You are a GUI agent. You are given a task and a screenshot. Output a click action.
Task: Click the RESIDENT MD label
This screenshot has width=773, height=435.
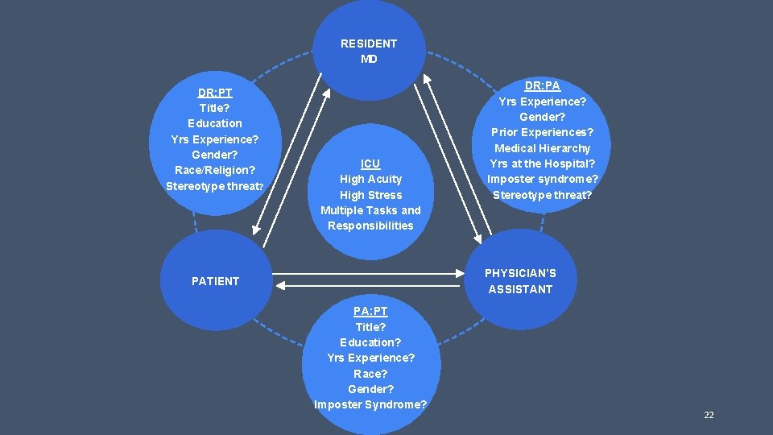[369, 51]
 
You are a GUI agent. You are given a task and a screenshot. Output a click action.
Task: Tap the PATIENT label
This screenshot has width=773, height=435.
[215, 281]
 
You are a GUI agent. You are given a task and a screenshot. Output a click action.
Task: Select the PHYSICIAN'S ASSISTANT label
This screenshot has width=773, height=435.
[520, 281]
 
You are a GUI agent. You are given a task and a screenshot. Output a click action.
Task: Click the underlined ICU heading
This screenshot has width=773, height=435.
[370, 164]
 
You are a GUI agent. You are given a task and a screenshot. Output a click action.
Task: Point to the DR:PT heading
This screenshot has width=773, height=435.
[215, 93]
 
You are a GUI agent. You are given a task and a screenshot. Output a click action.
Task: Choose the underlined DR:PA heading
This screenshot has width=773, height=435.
[543, 85]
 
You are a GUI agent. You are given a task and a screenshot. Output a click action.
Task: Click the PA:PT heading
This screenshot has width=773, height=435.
[370, 311]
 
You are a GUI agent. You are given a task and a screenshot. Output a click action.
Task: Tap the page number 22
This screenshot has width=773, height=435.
[709, 415]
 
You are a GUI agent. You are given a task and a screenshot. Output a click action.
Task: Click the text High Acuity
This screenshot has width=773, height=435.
[370, 179]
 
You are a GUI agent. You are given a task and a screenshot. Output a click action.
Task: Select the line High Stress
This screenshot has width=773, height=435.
[370, 195]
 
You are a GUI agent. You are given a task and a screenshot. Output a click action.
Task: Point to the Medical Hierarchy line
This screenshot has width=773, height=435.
[543, 148]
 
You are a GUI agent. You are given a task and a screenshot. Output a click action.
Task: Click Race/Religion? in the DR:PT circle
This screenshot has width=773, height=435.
[215, 170]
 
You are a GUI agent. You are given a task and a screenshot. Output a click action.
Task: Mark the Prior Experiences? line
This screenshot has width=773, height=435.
[543, 132]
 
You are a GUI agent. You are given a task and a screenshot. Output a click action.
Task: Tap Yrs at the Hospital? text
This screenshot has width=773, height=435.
[543, 164]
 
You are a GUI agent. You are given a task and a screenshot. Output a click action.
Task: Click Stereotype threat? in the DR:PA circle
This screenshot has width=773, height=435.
[543, 195]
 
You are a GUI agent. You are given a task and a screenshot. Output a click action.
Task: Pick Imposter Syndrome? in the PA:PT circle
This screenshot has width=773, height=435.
[370, 404]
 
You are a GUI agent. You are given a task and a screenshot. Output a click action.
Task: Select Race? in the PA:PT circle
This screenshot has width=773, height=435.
[370, 374]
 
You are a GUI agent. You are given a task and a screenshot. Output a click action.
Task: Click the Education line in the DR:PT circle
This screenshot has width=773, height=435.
[215, 123]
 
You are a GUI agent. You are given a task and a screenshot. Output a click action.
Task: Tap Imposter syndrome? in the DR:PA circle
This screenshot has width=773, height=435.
[543, 179]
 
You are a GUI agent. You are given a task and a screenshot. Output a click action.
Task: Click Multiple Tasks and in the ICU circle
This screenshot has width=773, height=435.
[370, 210]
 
